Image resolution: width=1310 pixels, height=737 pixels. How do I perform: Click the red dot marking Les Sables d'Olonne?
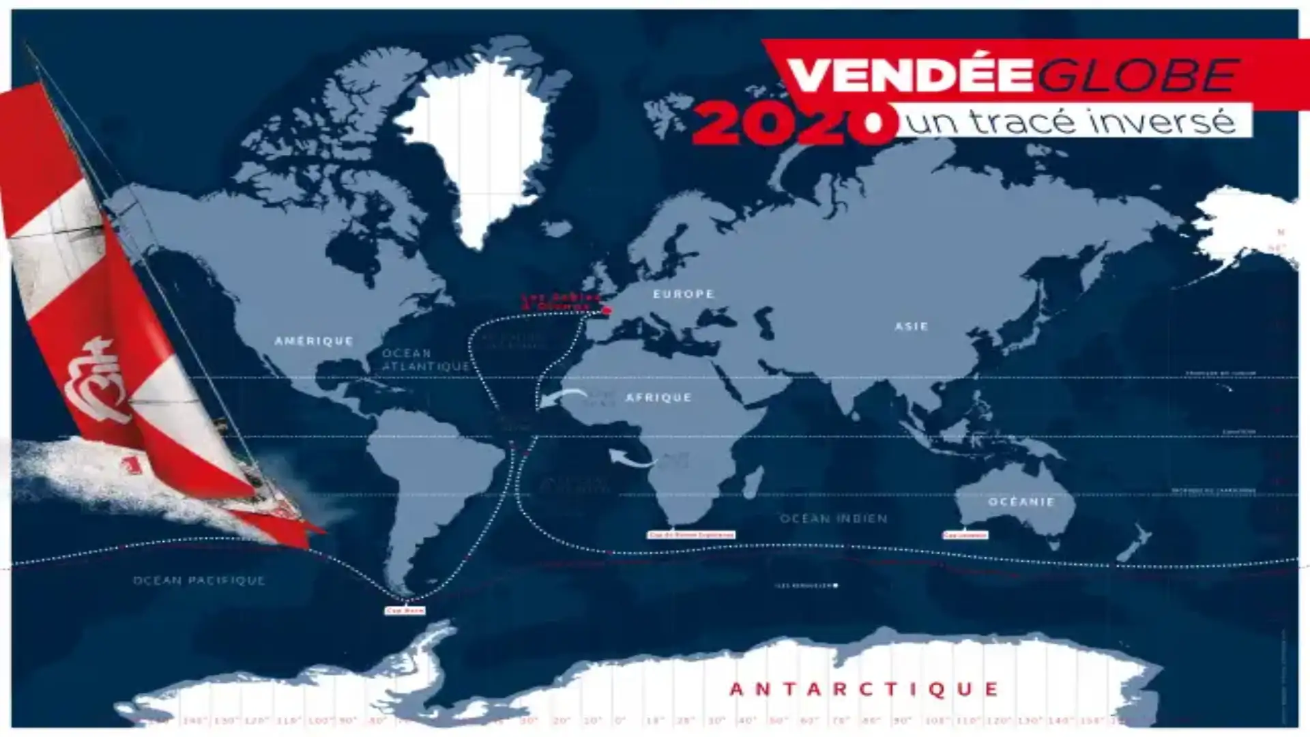click(606, 310)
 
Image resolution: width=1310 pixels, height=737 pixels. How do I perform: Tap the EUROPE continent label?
click(684, 294)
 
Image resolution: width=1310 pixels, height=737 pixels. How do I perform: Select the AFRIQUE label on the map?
click(658, 397)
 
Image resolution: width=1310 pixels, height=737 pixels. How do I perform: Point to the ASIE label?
click(912, 327)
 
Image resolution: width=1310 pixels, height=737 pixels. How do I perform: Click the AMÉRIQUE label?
click(314, 341)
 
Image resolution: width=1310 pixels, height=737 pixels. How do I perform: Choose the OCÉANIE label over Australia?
click(1021, 502)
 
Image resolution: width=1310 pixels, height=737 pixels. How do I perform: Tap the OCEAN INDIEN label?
click(834, 519)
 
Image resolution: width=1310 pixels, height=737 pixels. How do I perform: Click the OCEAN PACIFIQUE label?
click(199, 581)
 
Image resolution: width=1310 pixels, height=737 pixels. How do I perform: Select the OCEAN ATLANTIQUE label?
click(424, 360)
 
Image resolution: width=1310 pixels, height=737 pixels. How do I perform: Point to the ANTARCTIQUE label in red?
click(864, 689)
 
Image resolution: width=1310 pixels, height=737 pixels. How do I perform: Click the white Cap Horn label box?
click(405, 610)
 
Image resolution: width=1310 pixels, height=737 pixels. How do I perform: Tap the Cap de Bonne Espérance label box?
click(690, 535)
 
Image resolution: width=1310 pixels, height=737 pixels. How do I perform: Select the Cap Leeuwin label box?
click(965, 535)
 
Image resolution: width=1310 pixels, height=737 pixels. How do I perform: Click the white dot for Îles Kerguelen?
click(836, 586)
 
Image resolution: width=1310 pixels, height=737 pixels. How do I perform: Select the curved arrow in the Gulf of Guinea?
click(632, 459)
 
